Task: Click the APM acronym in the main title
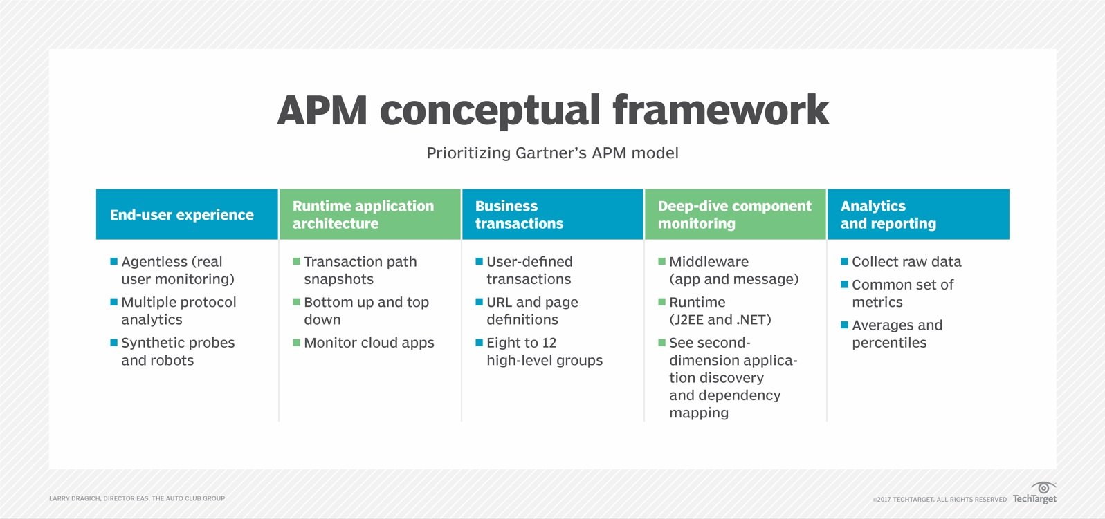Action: (x=322, y=111)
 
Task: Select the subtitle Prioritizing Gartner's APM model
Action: (x=552, y=153)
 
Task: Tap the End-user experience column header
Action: (x=182, y=215)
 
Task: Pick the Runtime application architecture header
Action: (x=363, y=215)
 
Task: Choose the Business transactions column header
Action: (x=519, y=215)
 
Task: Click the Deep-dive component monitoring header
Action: (x=734, y=215)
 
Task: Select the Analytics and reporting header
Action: (x=888, y=215)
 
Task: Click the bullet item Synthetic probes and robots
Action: (x=178, y=351)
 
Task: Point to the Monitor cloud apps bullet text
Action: (x=369, y=343)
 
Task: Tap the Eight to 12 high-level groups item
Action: (x=544, y=351)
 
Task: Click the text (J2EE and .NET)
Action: (x=720, y=319)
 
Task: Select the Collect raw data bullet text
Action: (x=906, y=262)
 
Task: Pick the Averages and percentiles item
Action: (x=897, y=334)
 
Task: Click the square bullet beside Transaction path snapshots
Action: (x=297, y=262)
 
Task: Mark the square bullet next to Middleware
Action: (x=662, y=262)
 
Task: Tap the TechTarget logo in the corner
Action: (x=1035, y=493)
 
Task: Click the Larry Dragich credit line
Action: (x=137, y=498)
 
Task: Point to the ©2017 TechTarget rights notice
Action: (x=940, y=499)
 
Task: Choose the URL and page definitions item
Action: (x=531, y=311)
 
